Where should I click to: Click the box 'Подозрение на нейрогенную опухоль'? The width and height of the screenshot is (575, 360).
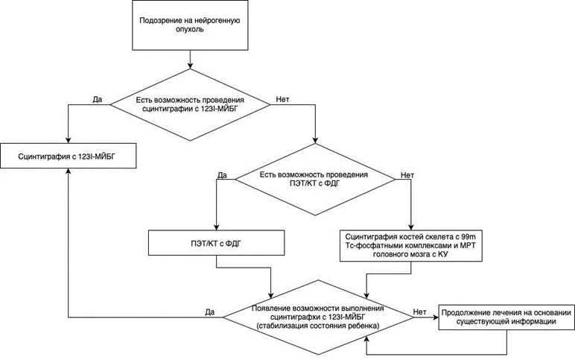click(x=190, y=25)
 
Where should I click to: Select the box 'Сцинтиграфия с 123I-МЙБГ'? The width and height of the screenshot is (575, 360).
click(x=68, y=156)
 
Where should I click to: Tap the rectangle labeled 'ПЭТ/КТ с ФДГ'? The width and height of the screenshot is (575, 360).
click(x=216, y=242)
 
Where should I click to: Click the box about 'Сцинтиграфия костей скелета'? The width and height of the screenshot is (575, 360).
click(x=410, y=245)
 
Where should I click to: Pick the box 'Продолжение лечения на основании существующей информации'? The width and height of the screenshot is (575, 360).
click(x=506, y=317)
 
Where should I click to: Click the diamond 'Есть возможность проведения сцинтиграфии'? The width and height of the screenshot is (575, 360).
click(x=190, y=104)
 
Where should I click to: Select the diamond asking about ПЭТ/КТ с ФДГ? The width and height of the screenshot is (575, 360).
click(x=315, y=179)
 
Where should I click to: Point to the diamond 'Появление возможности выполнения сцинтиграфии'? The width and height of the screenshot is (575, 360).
click(x=318, y=318)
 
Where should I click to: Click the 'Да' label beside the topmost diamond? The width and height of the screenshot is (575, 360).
click(x=97, y=99)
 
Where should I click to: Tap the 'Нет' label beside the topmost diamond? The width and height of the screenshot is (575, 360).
click(x=282, y=99)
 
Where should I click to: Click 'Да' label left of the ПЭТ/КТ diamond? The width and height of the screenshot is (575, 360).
click(x=222, y=175)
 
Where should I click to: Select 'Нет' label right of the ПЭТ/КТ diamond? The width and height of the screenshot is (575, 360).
click(x=407, y=175)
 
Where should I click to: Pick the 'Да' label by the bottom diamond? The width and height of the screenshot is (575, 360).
click(x=210, y=312)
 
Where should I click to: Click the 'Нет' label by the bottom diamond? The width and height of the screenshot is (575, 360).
click(x=420, y=312)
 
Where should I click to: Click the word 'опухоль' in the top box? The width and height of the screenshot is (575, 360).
click(x=190, y=29)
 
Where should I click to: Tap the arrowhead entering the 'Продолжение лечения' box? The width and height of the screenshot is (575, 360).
click(x=435, y=318)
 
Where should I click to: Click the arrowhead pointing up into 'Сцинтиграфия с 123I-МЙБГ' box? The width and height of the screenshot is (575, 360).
click(x=69, y=171)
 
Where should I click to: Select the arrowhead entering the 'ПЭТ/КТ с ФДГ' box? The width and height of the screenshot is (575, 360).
click(x=216, y=227)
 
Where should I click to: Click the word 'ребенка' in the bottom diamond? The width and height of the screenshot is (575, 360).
click(x=366, y=326)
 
